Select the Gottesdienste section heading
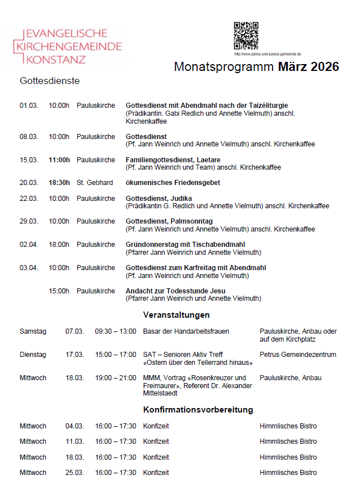[49, 81]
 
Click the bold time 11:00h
[59, 160]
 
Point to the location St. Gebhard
[95, 183]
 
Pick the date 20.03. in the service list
[29, 183]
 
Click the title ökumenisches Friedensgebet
[173, 183]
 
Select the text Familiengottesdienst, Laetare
[173, 160]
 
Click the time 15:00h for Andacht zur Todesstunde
[59, 291]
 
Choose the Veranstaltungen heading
[177, 314]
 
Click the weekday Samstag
[33, 331]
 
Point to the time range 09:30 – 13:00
[116, 331]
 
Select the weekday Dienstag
[33, 355]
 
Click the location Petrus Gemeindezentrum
[298, 355]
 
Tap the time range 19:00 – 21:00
[116, 378]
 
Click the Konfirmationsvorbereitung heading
[198, 409]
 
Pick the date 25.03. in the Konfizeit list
[74, 472]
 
